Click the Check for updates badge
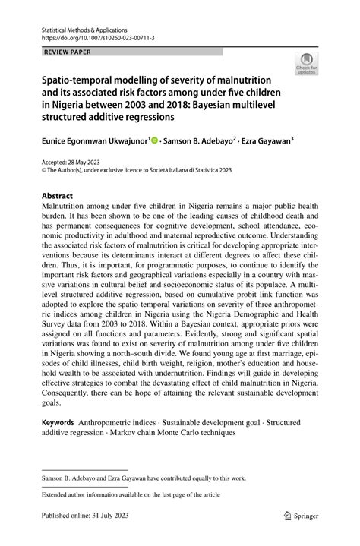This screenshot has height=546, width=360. pyautogui.click(x=307, y=64)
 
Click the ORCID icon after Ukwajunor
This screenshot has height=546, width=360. pyautogui.click(x=155, y=140)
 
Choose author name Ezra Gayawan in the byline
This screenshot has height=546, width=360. pyautogui.click(x=270, y=140)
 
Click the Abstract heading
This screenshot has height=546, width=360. pyautogui.click(x=57, y=195)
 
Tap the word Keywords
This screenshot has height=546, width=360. pyautogui.click(x=62, y=421)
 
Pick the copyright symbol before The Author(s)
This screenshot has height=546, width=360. pyautogui.click(x=44, y=170)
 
